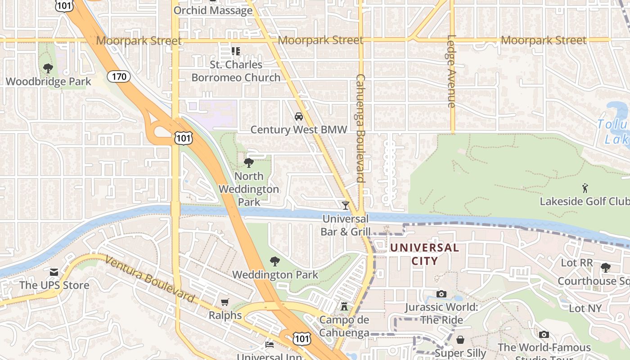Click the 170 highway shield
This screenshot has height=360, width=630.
pos(119,76)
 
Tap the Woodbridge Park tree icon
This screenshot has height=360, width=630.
pos(48,68)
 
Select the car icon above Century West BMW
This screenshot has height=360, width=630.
pos(298,117)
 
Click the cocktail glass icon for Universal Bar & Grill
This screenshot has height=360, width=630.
pos(345,206)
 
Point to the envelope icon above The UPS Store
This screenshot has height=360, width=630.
pos(54,272)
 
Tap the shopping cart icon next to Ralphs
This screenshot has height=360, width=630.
pos(225,302)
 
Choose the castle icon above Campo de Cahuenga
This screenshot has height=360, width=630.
pos(344,306)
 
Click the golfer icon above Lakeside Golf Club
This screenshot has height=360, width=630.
pos(585,188)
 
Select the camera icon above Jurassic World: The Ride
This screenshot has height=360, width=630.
pos(441,294)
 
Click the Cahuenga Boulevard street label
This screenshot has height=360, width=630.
pos(360,128)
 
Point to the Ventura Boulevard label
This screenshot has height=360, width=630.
pos(150,279)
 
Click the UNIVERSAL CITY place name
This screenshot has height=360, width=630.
pos(424,254)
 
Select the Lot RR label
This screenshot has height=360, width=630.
pos(576,262)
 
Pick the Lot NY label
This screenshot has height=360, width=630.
pos(585,308)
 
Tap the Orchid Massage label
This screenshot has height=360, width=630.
pos(213,10)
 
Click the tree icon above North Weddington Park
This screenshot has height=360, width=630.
pos(248,162)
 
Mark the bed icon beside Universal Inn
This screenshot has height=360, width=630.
pos(269,345)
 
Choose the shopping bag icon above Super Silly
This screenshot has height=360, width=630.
pos(460,339)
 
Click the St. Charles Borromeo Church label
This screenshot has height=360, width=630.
pos(236,71)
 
